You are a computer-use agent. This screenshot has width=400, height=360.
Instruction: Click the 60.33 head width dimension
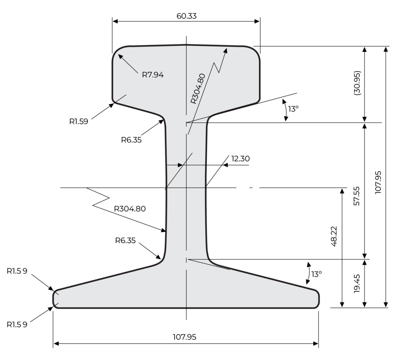coord(186,16)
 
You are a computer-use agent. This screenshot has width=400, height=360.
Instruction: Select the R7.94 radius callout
coord(152,74)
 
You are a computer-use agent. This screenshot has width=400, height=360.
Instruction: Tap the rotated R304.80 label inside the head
coord(198,88)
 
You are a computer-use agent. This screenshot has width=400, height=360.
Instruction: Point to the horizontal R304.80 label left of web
coord(130,208)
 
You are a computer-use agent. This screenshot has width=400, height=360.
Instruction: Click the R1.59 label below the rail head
coord(79,121)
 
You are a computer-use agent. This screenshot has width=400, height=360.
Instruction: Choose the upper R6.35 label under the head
coord(131,140)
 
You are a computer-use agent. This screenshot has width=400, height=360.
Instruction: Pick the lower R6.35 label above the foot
coord(125,240)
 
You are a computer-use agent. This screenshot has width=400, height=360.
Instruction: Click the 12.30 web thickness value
coord(240,159)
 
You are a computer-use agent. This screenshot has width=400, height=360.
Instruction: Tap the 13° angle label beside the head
coord(293,109)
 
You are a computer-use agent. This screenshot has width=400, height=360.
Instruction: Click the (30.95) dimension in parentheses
coord(357,83)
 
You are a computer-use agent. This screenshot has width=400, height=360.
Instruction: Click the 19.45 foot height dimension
coord(357,284)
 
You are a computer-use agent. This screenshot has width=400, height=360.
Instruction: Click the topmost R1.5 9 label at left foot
coord(17,271)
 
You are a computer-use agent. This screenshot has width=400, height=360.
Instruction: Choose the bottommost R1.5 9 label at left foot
coord(17,324)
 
